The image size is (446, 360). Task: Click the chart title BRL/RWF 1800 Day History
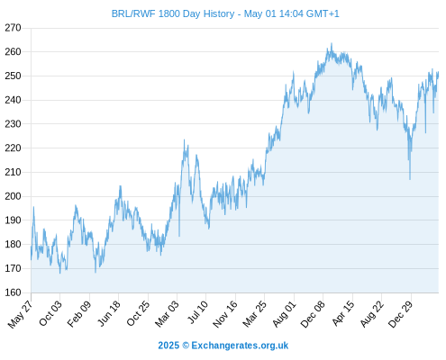pos(173,13)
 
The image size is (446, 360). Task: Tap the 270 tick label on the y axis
pos(13,28)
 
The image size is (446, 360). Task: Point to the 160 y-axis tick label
pos(13,292)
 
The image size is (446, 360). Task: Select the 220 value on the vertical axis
pos(13,148)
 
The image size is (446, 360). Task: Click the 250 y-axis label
pos(13,76)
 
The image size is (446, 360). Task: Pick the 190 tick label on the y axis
pos(13,220)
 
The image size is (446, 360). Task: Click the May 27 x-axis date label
pos(20,314)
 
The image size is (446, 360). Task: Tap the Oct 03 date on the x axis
pos(50,313)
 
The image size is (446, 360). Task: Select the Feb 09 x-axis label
pos(78,314)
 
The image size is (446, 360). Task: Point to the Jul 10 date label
pos(197,312)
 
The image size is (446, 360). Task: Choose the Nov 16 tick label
pos(225,314)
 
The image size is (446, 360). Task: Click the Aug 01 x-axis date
pos(284,313)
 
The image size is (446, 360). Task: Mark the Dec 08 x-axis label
pos(313,314)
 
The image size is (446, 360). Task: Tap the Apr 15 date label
pos(343,313)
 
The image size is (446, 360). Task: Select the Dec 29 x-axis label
pos(400,314)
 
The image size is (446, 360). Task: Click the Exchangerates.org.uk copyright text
pos(240,346)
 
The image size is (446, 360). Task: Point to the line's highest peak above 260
pos(332,43)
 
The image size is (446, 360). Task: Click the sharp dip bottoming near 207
pos(410,179)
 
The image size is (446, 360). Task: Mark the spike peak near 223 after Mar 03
pos(184,139)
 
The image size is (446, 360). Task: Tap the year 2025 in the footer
pos(168,346)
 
